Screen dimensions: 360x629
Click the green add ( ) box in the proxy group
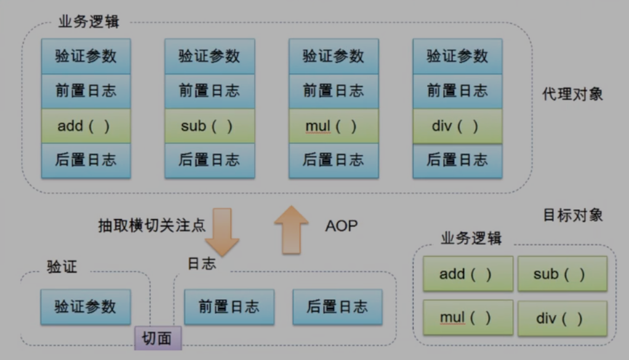pos(86,126)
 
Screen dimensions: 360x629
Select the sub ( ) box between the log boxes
pos(209,126)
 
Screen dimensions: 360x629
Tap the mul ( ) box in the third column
pos(334,126)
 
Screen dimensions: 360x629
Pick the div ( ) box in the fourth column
pos(457,126)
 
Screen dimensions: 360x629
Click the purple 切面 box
pos(157,338)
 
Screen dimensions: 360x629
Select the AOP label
pos(341,226)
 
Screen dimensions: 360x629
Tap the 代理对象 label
pos(572,94)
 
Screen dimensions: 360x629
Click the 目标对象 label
pos(572,215)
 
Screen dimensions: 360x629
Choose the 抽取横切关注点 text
pos(151,225)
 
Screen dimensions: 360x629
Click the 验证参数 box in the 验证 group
pos(86,306)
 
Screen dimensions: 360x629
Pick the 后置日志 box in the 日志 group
pos(337,306)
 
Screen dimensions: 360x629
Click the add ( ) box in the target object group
pos(468,274)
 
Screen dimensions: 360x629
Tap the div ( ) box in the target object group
pos(562,318)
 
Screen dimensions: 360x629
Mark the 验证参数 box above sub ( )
pos(209,56)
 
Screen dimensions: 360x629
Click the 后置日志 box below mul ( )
pos(334,161)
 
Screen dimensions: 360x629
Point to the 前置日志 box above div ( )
pos(457,91)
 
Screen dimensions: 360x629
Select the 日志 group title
pos(202,264)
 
